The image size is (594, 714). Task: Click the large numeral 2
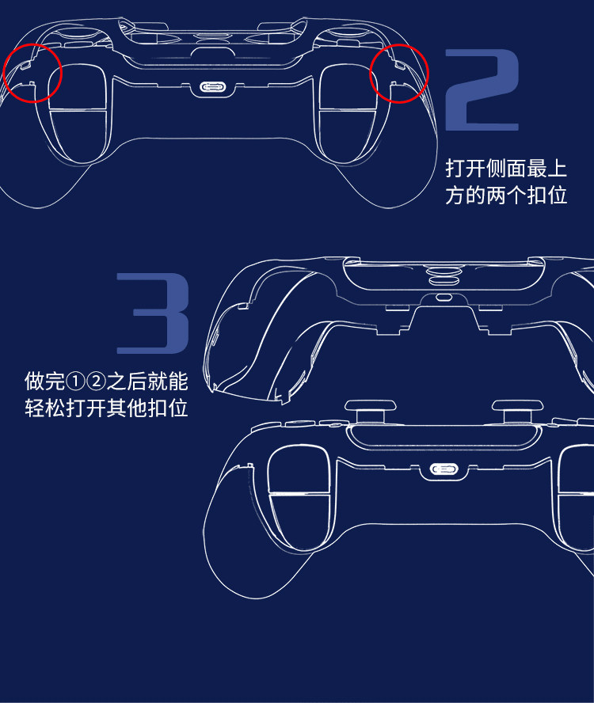(x=482, y=89)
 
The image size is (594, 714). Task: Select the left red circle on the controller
(x=32, y=73)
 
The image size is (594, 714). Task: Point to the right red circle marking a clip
(x=399, y=73)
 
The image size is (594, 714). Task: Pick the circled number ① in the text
(x=75, y=382)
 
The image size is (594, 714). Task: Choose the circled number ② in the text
(x=96, y=382)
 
